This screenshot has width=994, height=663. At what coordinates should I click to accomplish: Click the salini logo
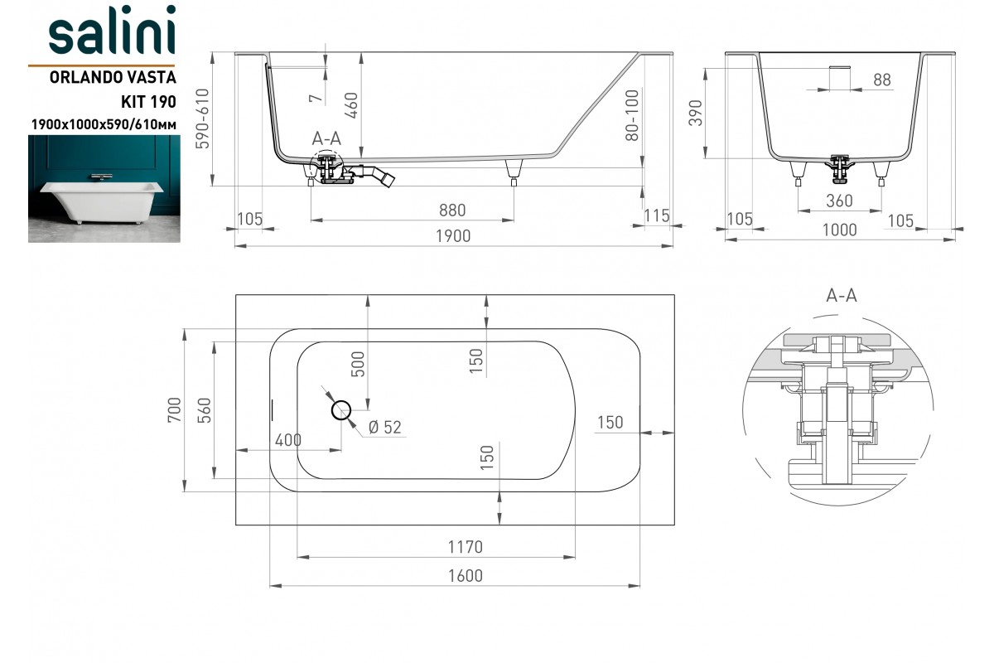pyautogui.click(x=113, y=30)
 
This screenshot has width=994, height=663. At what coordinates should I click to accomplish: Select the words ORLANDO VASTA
pyautogui.click(x=113, y=77)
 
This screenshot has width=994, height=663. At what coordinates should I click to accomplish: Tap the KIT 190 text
pyautogui.click(x=148, y=102)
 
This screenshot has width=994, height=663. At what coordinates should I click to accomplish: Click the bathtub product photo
pyautogui.click(x=104, y=189)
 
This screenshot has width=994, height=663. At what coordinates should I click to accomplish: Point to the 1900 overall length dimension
pyautogui.click(x=452, y=236)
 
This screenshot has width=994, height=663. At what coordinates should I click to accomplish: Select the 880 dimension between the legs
pyautogui.click(x=452, y=210)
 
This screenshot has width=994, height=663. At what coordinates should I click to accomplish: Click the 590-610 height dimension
pyautogui.click(x=202, y=119)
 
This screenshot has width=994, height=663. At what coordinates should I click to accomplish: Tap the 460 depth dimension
pyautogui.click(x=351, y=105)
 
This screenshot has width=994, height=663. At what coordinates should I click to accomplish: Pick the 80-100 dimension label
pyautogui.click(x=632, y=115)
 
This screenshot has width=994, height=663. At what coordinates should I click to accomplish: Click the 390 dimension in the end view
pyautogui.click(x=696, y=113)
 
